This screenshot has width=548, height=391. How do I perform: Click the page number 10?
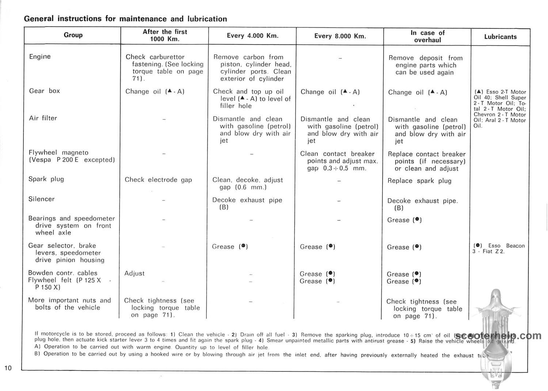(x=8, y=368)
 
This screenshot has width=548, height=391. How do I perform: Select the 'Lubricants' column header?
(x=500, y=37)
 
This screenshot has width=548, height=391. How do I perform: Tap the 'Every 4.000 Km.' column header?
(x=252, y=36)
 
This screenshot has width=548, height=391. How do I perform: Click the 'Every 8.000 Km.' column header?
(x=340, y=36)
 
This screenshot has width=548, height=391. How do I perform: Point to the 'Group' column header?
(x=73, y=35)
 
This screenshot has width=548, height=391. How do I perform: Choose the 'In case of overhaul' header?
(x=427, y=36)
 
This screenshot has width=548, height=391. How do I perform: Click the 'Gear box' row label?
(x=44, y=91)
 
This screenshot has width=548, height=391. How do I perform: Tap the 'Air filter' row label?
(x=43, y=118)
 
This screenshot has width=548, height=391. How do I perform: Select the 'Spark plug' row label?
(x=46, y=179)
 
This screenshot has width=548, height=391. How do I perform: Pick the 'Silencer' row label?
(x=41, y=199)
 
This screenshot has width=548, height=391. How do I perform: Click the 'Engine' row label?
(x=40, y=57)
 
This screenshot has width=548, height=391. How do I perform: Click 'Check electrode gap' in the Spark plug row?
(x=158, y=180)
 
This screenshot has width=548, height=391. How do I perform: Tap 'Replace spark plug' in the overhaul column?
(x=419, y=181)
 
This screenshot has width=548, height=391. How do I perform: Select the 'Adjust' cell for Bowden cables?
(x=134, y=273)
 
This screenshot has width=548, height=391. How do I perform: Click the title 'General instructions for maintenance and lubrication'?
(x=125, y=19)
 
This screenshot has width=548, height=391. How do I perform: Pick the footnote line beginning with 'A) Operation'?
(x=151, y=347)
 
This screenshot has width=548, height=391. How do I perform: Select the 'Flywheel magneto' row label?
(x=58, y=153)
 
